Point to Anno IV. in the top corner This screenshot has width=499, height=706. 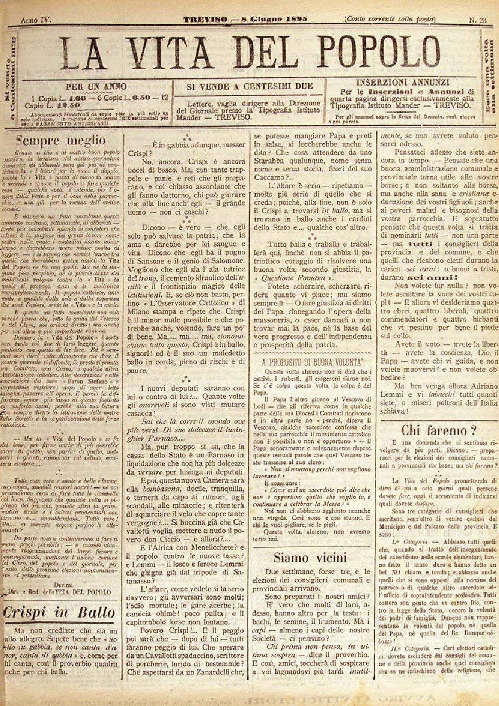click(x=35, y=20)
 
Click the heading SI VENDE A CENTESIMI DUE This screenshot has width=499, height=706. click(x=250, y=86)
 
